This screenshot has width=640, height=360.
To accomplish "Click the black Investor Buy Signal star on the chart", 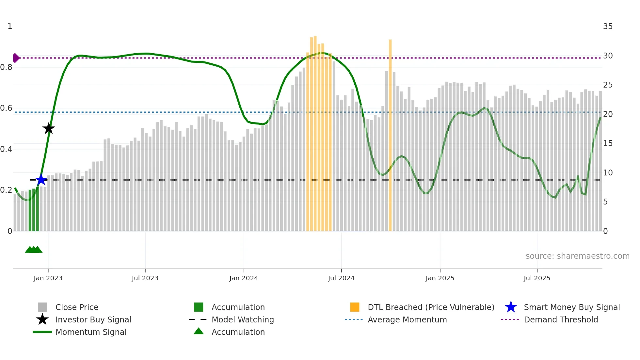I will tap(49, 129).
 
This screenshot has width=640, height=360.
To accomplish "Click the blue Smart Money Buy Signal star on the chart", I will tap(41, 180).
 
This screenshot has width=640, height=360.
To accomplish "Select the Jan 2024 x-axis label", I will tap(244, 278).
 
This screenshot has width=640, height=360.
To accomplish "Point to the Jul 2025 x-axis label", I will tap(537, 278).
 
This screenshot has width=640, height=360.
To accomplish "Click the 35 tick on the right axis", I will tap(608, 26).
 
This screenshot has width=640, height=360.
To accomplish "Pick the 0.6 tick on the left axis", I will tap(6, 108).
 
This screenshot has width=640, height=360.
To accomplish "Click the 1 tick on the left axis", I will tap(10, 26).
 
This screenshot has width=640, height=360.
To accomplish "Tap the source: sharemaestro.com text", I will tap(577, 256).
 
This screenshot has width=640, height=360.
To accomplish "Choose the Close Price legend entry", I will tap(77, 307).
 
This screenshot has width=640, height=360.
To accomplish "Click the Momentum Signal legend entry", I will tap(91, 332).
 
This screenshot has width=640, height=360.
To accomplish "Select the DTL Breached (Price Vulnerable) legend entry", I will tap(431, 307).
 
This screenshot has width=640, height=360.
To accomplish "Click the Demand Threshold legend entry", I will tap(561, 320).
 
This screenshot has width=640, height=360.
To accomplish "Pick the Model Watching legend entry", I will tap(243, 320).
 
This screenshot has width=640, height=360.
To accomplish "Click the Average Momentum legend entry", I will tap(407, 320).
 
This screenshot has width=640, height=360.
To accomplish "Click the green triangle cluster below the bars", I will tap(34, 250).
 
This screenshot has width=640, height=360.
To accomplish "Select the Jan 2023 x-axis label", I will tap(48, 278).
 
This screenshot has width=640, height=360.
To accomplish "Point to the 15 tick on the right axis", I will tap(608, 143).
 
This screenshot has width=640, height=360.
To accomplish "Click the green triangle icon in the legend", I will tap(199, 332).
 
